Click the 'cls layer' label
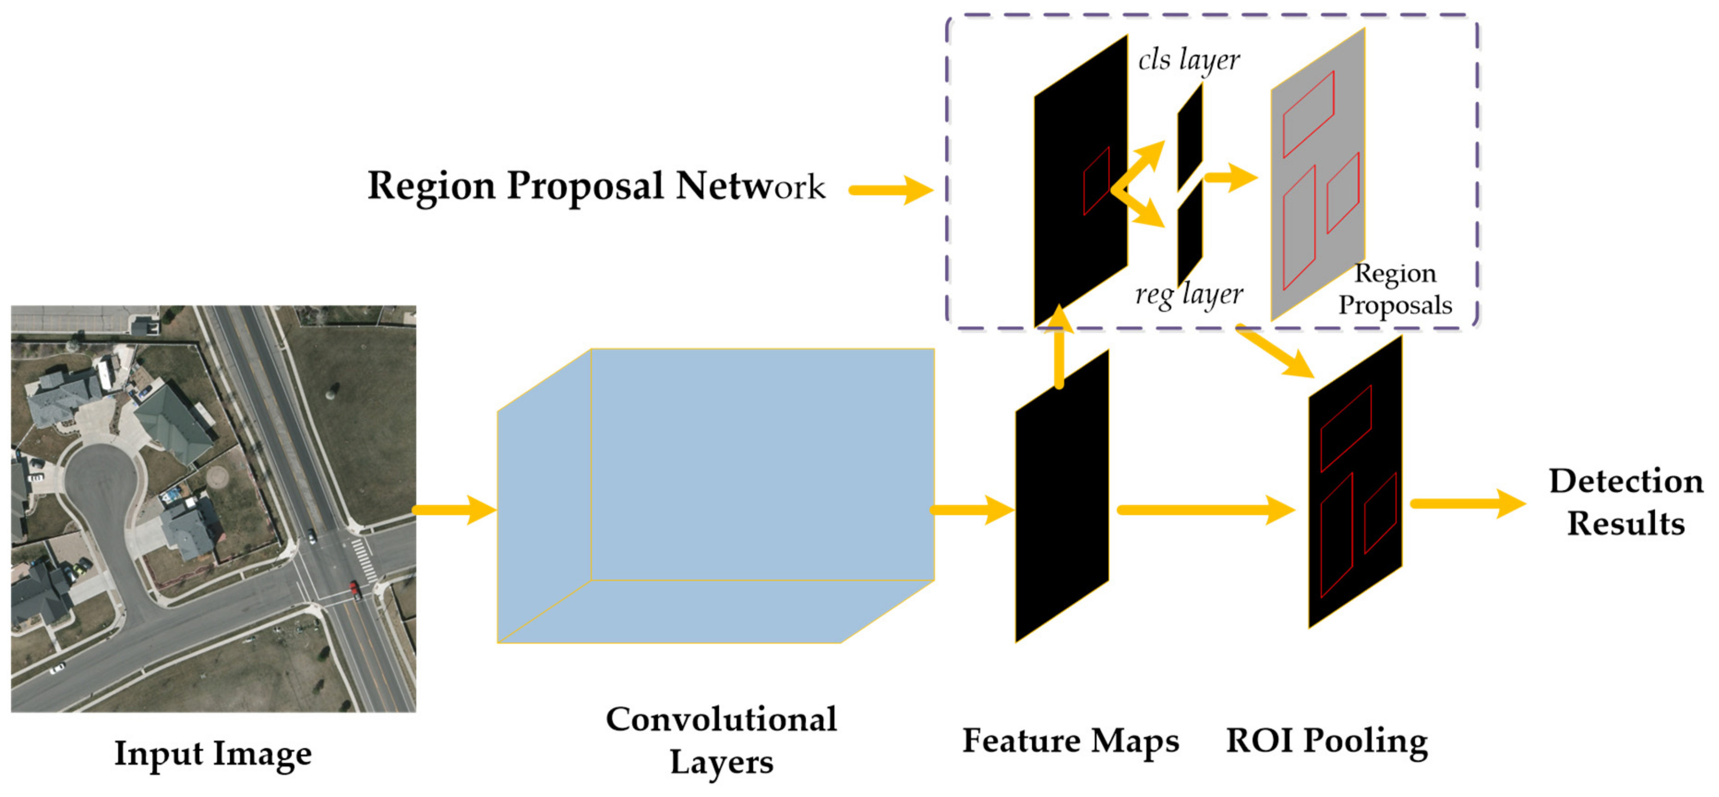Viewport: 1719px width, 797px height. coord(1189,60)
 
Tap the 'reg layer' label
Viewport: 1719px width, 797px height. coord(1189,294)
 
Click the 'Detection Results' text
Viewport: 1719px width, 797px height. coord(1626,502)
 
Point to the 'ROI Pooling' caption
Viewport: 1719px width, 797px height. coord(1327,741)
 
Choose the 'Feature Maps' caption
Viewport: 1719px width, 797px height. coord(1070,741)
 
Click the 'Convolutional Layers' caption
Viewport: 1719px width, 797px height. coord(721,741)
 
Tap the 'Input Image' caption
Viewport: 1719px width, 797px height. coord(213,754)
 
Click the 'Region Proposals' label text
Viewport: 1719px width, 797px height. coord(1395,289)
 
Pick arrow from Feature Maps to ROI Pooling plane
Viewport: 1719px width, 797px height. coord(1204,511)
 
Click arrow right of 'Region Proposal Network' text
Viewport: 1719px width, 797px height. coord(890,190)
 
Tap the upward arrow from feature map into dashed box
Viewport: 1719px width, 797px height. coord(1059,347)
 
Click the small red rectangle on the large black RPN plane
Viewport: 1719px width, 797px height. coord(1096,181)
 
